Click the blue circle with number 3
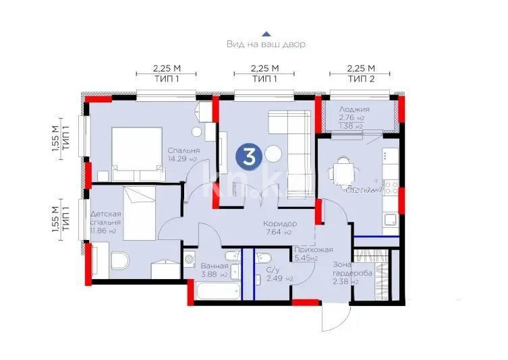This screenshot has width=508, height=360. (248, 158)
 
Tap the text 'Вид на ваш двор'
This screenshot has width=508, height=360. (266, 44)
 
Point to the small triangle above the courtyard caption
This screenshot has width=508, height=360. (266, 32)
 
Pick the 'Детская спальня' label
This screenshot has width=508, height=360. (105, 218)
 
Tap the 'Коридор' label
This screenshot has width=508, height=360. (280, 223)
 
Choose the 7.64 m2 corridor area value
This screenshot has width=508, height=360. (279, 233)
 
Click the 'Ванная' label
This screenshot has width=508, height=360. (214, 265)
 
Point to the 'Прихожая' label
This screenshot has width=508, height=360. (312, 249)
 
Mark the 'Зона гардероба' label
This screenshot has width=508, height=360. (348, 273)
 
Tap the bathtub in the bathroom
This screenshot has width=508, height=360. (218, 291)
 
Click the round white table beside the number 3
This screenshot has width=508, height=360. (273, 154)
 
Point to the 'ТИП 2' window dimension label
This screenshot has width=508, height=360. (360, 79)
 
